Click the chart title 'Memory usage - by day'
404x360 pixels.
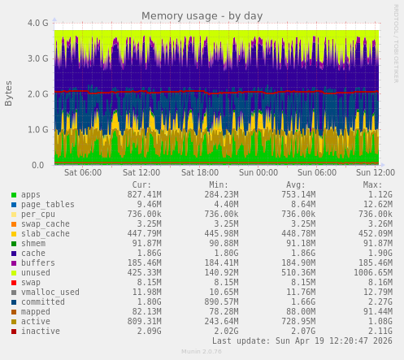(202, 15)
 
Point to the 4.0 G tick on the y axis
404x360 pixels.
(37, 23)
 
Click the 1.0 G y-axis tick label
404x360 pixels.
(37, 129)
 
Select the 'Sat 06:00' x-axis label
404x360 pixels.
(83, 172)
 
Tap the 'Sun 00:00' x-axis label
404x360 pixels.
(258, 172)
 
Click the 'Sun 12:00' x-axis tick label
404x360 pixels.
(376, 172)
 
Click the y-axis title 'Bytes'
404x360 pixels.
(9, 93)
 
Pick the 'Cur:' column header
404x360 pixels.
(141, 184)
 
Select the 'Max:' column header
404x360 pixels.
(372, 184)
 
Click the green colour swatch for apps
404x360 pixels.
(14, 195)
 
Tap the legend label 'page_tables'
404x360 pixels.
(48, 205)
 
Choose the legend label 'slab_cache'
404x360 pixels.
(46, 234)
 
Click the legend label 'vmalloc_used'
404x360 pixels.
(50, 293)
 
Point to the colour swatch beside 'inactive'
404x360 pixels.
(14, 332)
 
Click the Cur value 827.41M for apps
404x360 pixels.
(144, 195)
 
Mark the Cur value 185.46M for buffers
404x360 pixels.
(144, 263)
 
